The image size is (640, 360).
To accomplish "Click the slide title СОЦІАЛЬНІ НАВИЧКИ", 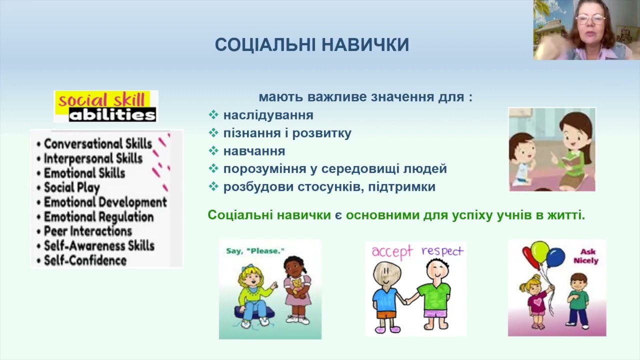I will (312, 45).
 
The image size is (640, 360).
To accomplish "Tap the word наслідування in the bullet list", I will (268, 115).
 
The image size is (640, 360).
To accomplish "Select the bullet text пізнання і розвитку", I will (287, 133).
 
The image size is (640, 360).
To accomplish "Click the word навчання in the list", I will (254, 151).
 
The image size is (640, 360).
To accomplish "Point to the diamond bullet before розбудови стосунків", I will (213, 187).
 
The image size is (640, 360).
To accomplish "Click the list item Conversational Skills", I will (97, 144).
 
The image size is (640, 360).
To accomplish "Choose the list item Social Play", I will (71, 187).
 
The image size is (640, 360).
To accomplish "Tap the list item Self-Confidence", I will (85, 260).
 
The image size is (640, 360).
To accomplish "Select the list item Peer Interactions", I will (87, 231).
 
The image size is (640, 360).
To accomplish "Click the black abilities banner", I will (112, 115).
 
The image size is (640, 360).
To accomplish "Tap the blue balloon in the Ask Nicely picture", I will (555, 257).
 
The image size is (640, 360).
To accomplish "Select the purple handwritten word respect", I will (442, 250).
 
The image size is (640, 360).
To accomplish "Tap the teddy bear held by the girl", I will (297, 286).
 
